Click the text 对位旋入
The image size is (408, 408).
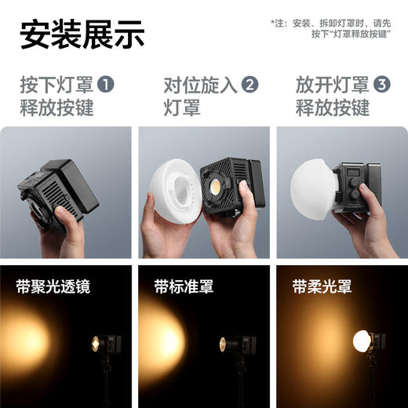(200, 85)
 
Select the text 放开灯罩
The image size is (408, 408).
(333, 85)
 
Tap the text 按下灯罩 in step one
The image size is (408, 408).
(56, 85)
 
